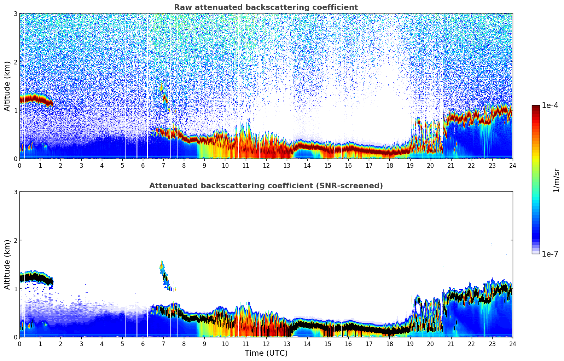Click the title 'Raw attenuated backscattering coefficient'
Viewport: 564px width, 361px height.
[x=266, y=7]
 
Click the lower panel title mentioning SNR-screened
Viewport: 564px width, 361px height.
[x=266, y=186]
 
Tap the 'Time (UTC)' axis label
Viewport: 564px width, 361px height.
[x=266, y=353]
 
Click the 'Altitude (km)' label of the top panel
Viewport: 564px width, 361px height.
[x=7, y=86]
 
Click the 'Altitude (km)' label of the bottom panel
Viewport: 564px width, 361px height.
[x=7, y=264]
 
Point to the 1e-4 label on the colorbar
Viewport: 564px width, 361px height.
[x=550, y=105]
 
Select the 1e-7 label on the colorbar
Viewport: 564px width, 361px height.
[x=550, y=254]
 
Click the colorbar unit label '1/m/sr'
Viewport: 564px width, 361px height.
[x=556, y=180]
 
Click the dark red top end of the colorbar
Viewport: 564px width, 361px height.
[x=536, y=107]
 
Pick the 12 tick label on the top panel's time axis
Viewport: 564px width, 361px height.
[x=266, y=165]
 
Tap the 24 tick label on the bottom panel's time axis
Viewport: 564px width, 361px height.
[x=512, y=344]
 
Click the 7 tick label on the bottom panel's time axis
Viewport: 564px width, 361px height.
[x=163, y=344]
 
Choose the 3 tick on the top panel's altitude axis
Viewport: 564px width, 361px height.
[x=16, y=13]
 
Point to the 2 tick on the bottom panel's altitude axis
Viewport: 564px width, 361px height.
[x=16, y=240]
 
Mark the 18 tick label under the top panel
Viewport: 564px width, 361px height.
[x=389, y=165]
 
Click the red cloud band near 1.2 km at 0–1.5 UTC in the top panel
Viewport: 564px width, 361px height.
[x=34, y=98]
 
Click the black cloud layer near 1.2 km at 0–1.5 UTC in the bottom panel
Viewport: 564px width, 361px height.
[x=34, y=277]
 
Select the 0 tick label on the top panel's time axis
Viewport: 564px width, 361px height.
[x=19, y=165]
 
